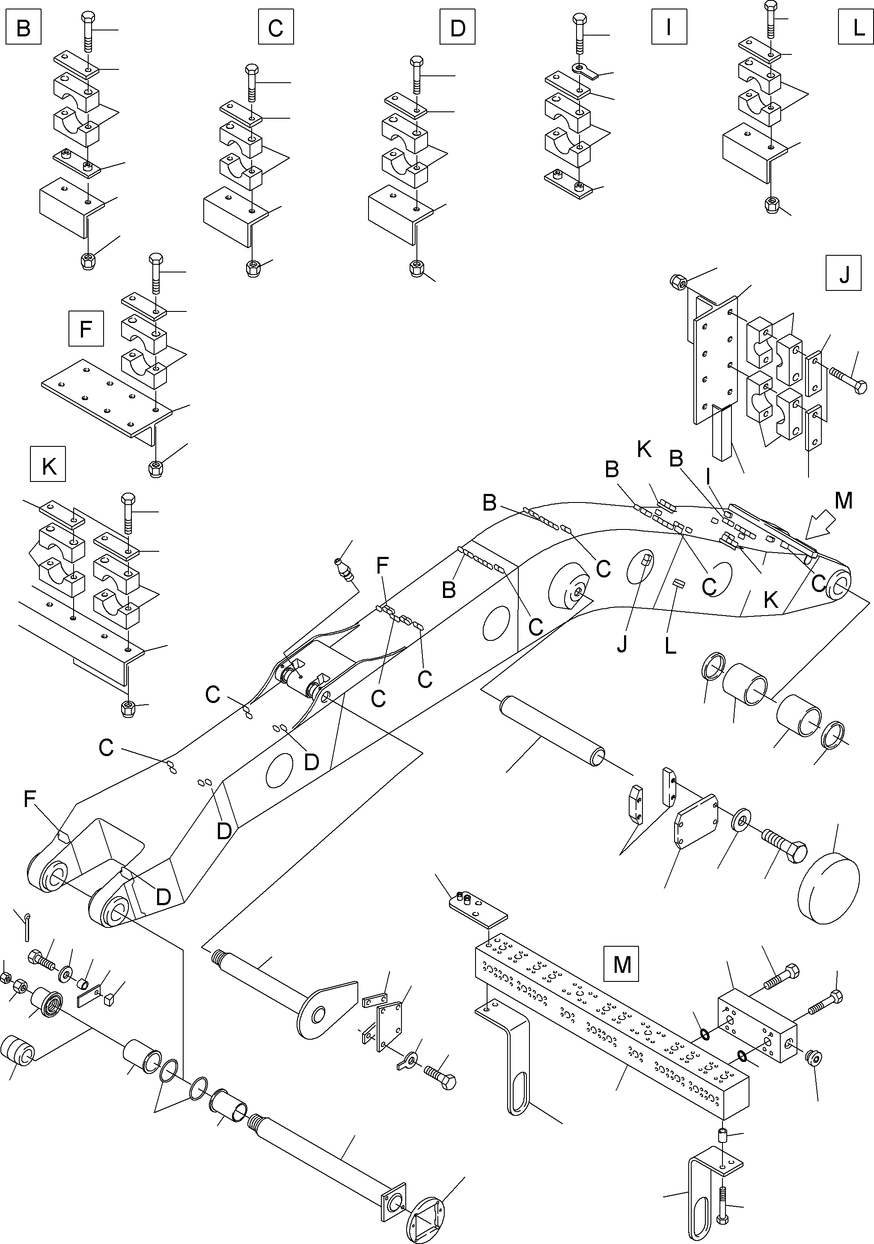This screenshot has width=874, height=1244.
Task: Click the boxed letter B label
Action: click(x=23, y=27)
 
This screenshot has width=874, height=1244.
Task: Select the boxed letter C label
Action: click(x=276, y=27)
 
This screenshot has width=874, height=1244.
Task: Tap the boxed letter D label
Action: click(x=458, y=27)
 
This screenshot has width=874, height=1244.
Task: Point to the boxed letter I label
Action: click(x=669, y=27)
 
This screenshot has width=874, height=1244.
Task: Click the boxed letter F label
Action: click(x=86, y=328)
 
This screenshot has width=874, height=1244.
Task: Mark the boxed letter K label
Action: click(x=48, y=464)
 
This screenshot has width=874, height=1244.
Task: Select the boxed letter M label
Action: click(x=621, y=963)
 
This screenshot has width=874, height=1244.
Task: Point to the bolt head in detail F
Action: click(x=155, y=258)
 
